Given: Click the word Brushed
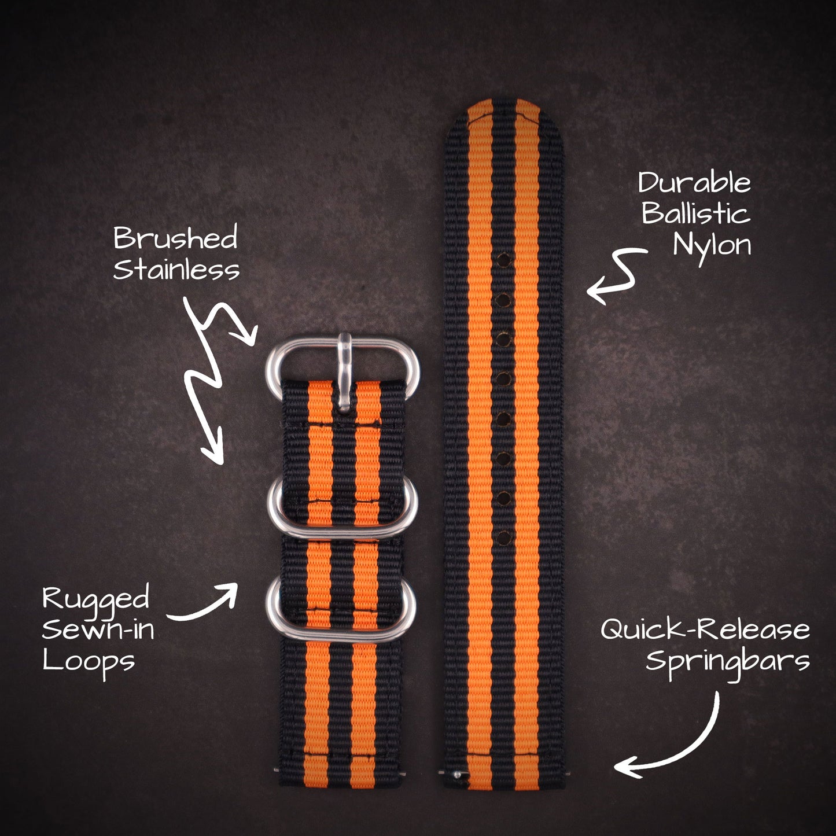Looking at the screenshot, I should point(175,238).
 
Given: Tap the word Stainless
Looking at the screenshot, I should point(176,270).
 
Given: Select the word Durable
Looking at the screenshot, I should point(694,183).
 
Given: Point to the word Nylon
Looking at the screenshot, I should point(712,246).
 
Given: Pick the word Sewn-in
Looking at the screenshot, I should point(98,629).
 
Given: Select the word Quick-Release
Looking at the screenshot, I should point(705,629).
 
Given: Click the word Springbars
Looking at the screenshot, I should point(728,661).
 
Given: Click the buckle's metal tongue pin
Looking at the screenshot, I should point(345,370).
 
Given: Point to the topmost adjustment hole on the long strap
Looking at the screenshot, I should point(503,259).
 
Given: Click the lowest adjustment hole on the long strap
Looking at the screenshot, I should point(503,537).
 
